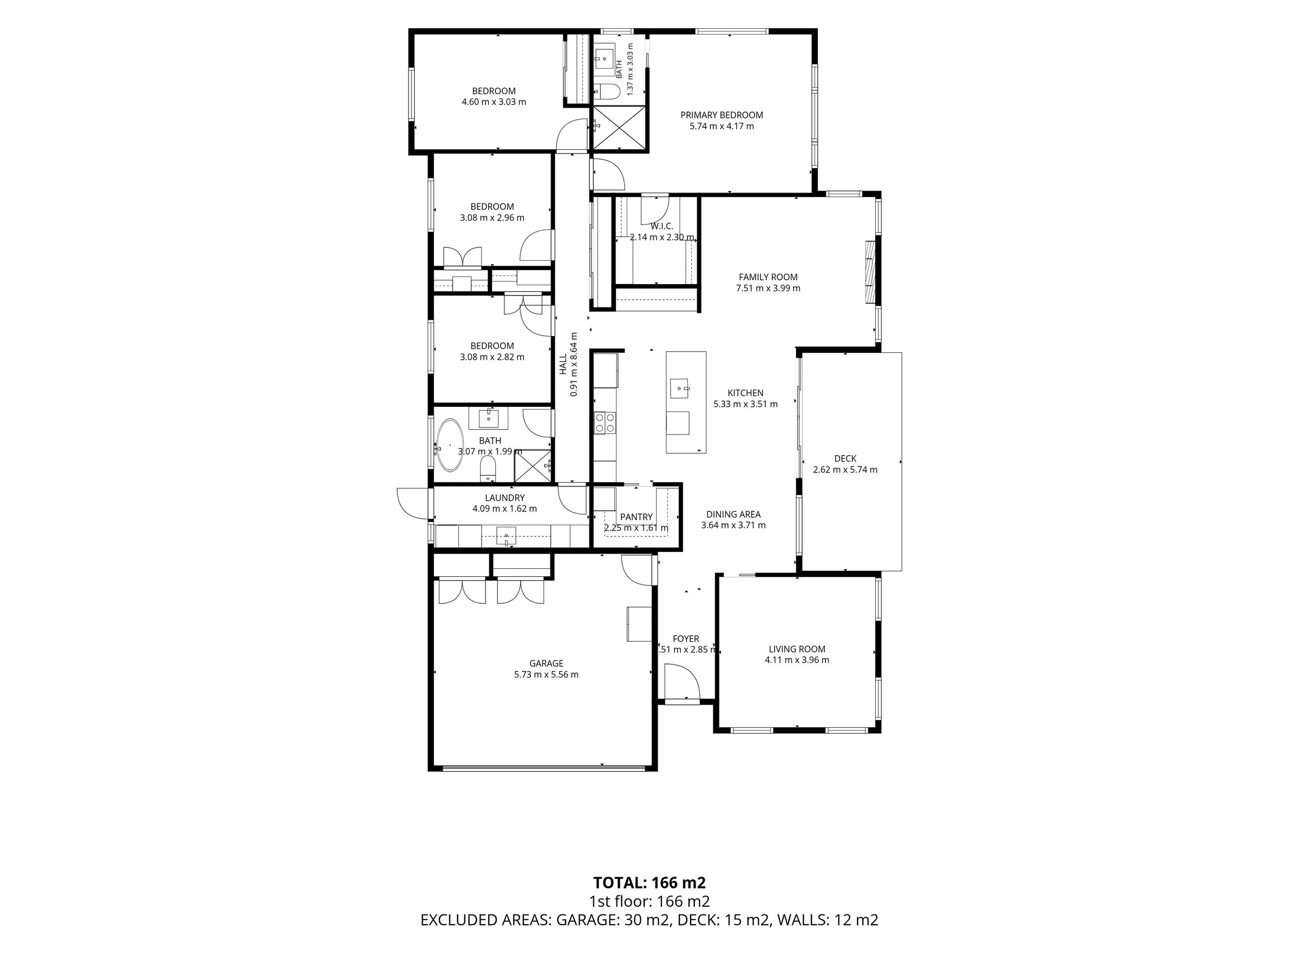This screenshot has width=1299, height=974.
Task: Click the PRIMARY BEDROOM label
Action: click(x=721, y=115)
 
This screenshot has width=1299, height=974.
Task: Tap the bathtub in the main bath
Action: click(x=449, y=445)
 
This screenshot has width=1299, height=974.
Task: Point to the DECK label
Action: click(x=845, y=458)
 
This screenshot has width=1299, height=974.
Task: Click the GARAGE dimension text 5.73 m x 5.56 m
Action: click(x=546, y=675)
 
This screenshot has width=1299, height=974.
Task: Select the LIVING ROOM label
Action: click(x=797, y=649)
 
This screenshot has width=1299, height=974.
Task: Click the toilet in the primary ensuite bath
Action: click(x=607, y=91)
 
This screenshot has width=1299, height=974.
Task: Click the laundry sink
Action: click(x=506, y=536)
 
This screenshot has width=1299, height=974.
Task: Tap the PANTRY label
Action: click(x=636, y=517)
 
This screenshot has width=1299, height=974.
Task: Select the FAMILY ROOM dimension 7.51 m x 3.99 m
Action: click(x=768, y=288)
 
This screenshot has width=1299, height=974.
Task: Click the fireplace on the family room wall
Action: click(x=869, y=272)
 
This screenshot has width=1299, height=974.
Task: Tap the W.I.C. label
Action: click(x=662, y=226)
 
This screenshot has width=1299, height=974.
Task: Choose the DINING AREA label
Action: click(x=733, y=514)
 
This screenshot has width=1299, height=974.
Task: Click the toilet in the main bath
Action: click(x=488, y=468)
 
